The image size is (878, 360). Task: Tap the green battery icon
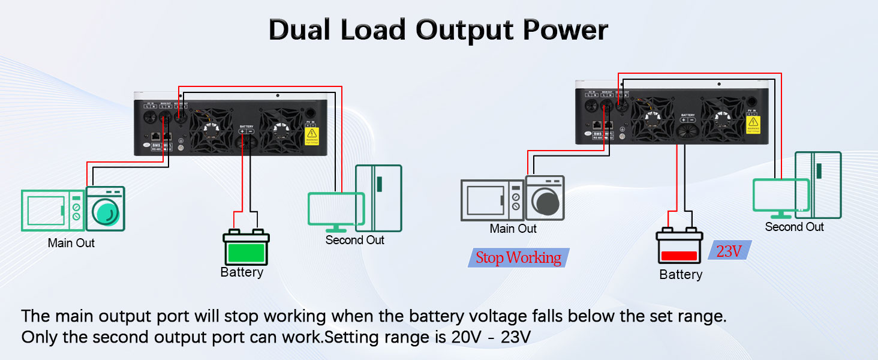coord(246,246)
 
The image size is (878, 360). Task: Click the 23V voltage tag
coord(729,251)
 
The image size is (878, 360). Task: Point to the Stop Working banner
coord(518,258)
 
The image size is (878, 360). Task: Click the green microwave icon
coord(53,211)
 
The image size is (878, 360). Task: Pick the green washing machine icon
coord(106,209)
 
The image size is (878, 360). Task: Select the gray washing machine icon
coord(545,198)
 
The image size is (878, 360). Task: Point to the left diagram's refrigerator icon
coord(378,198)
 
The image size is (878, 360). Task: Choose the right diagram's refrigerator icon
coord(819,185)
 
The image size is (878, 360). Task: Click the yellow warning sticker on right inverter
coord(753,124)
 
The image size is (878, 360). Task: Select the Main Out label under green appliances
coord(71,243)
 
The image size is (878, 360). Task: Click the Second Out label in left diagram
coord(354,240)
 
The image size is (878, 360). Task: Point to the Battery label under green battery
coord(242,272)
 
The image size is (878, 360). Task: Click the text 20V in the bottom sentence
coord(467,337)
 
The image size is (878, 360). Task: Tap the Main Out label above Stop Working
coord(513,229)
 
